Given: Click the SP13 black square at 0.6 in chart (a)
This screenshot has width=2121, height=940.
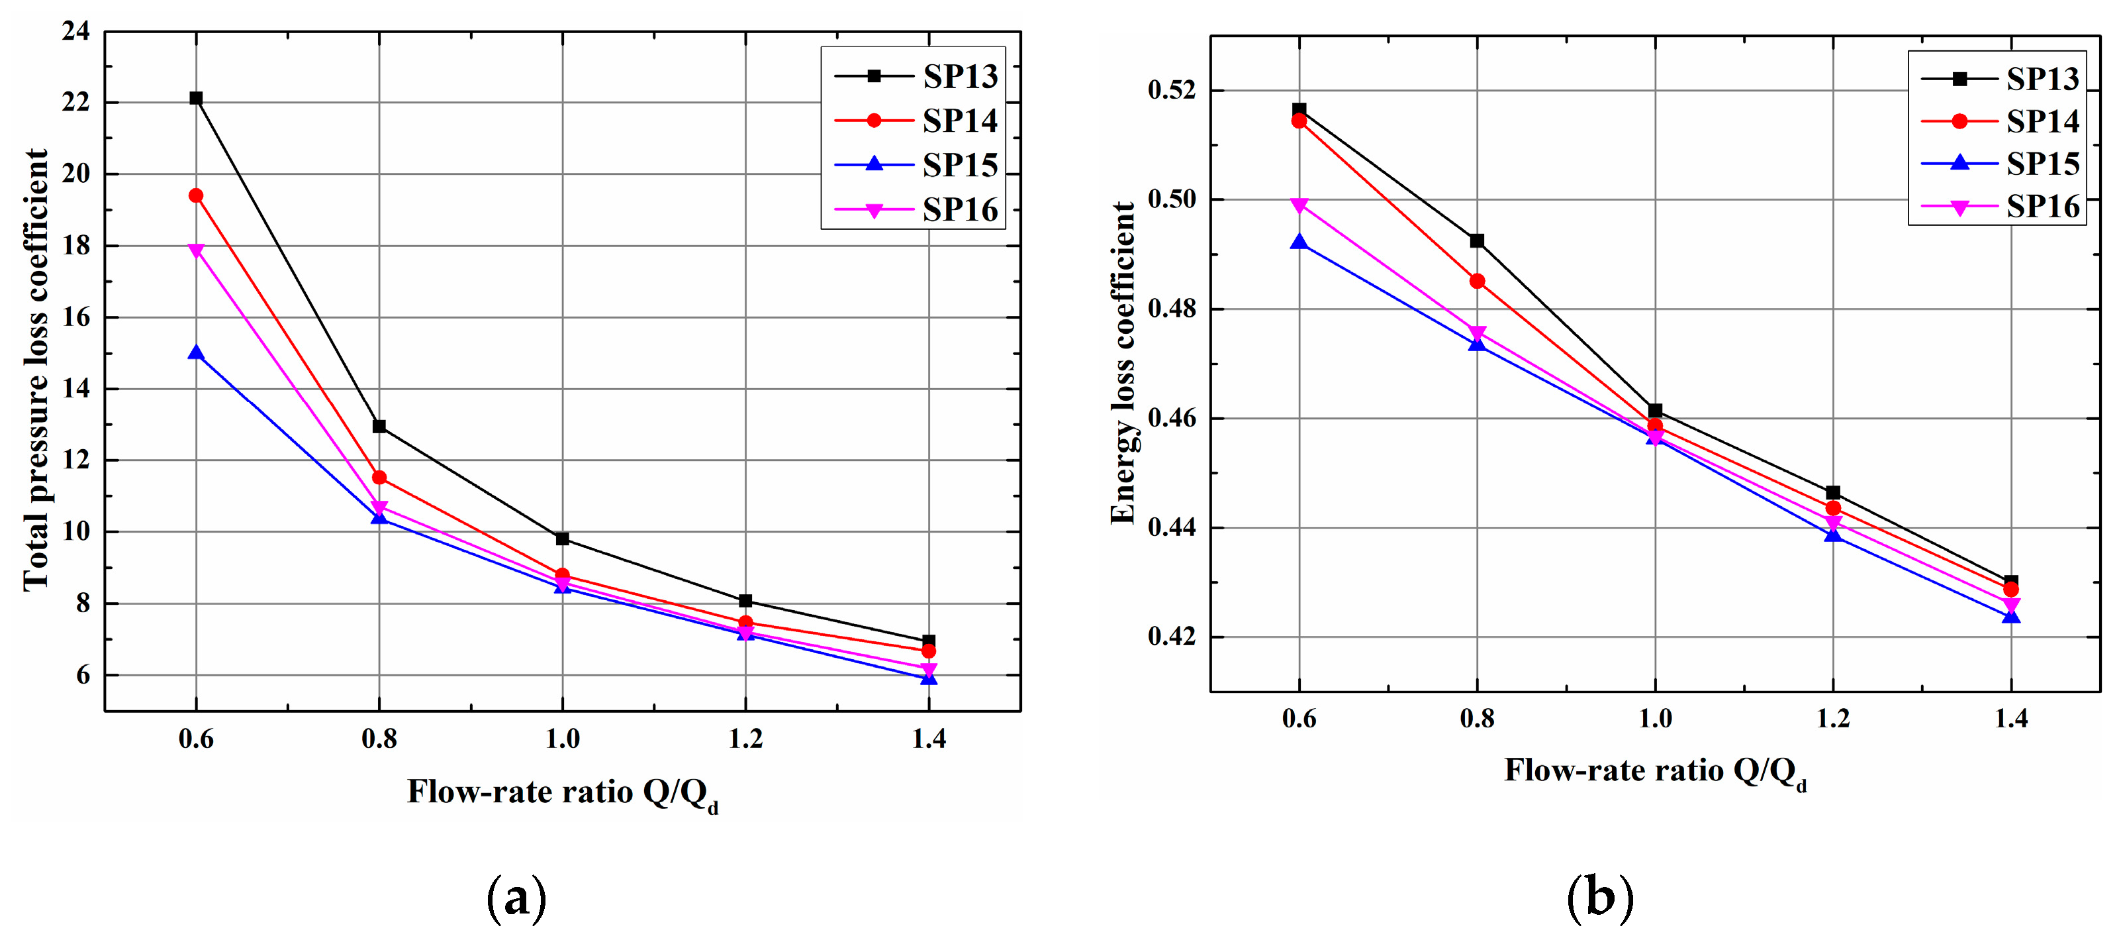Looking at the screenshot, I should (196, 98).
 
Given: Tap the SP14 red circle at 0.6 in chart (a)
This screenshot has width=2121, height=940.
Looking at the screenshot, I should (196, 195).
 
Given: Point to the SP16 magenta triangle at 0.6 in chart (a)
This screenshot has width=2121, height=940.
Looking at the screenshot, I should (196, 250).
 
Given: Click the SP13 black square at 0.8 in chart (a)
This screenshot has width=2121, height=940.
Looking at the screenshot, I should (379, 426).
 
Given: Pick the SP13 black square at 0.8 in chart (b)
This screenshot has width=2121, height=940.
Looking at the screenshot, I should (1477, 240).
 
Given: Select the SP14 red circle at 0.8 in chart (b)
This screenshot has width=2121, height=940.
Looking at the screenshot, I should (1477, 281).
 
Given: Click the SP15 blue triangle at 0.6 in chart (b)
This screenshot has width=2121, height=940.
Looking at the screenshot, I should (1299, 242).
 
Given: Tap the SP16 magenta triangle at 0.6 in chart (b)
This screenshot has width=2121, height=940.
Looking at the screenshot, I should (1299, 205).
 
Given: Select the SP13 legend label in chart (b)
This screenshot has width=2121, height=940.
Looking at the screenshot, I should (2042, 78).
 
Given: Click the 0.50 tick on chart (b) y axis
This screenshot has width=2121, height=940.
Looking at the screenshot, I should (1172, 199).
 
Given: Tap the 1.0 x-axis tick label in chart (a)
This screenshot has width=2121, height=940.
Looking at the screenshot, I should (563, 738).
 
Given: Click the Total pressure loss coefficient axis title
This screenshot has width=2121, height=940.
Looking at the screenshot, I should (36, 369).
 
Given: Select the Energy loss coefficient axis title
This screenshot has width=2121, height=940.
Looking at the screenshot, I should (1123, 362).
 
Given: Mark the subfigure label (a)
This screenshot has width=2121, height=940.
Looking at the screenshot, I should (517, 898).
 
